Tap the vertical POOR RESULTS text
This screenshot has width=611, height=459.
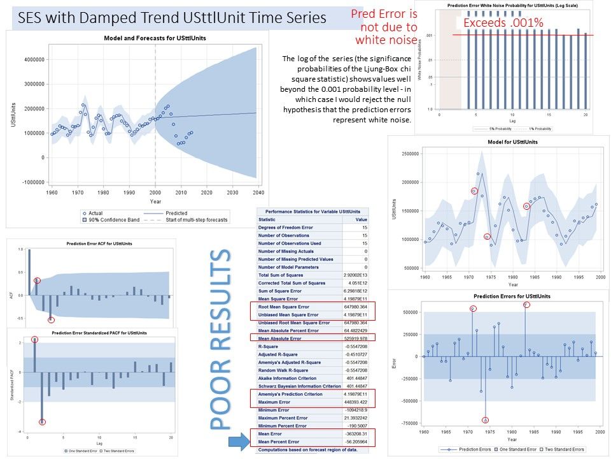pos(220,341)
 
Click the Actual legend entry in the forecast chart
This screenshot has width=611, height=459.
pos(95,213)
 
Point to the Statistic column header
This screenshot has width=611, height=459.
pos(267,219)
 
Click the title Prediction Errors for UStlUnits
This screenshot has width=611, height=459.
pos(512,296)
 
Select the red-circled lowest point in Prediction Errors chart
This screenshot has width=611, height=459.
pos(485,420)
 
